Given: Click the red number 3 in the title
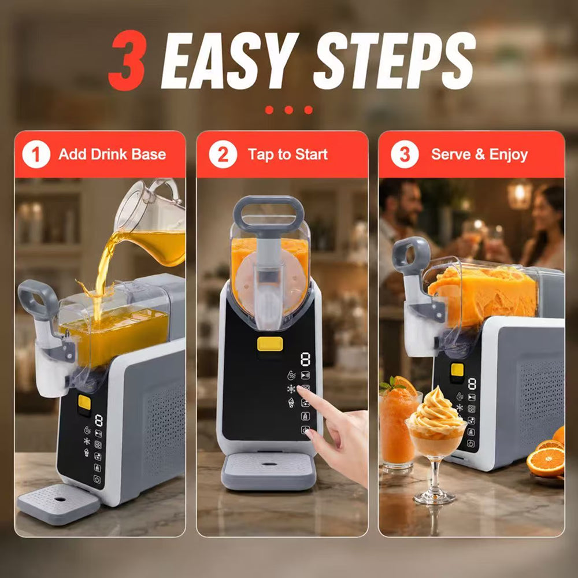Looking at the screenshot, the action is tap(128, 60).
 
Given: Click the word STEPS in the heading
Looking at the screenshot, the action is tap(394, 61).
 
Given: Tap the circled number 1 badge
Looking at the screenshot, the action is tap(36, 154).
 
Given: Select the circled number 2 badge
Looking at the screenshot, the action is tap(223, 154).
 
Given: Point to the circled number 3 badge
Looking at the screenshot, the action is tap(405, 154).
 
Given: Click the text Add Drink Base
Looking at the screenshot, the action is tap(112, 154).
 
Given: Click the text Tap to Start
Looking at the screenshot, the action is tap(287, 154).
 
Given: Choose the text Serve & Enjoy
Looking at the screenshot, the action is tap(479, 154).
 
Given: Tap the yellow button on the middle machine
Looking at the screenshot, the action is tap(270, 344).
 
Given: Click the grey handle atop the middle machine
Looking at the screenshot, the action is tap(268, 214).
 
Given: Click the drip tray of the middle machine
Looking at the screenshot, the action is tap(268, 470).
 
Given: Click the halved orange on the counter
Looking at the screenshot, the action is tap(546, 461).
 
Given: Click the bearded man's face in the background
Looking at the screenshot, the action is tap(409, 207).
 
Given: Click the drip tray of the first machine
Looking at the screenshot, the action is tap(58, 504).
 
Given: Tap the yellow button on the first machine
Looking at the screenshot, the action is tap(84, 402).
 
